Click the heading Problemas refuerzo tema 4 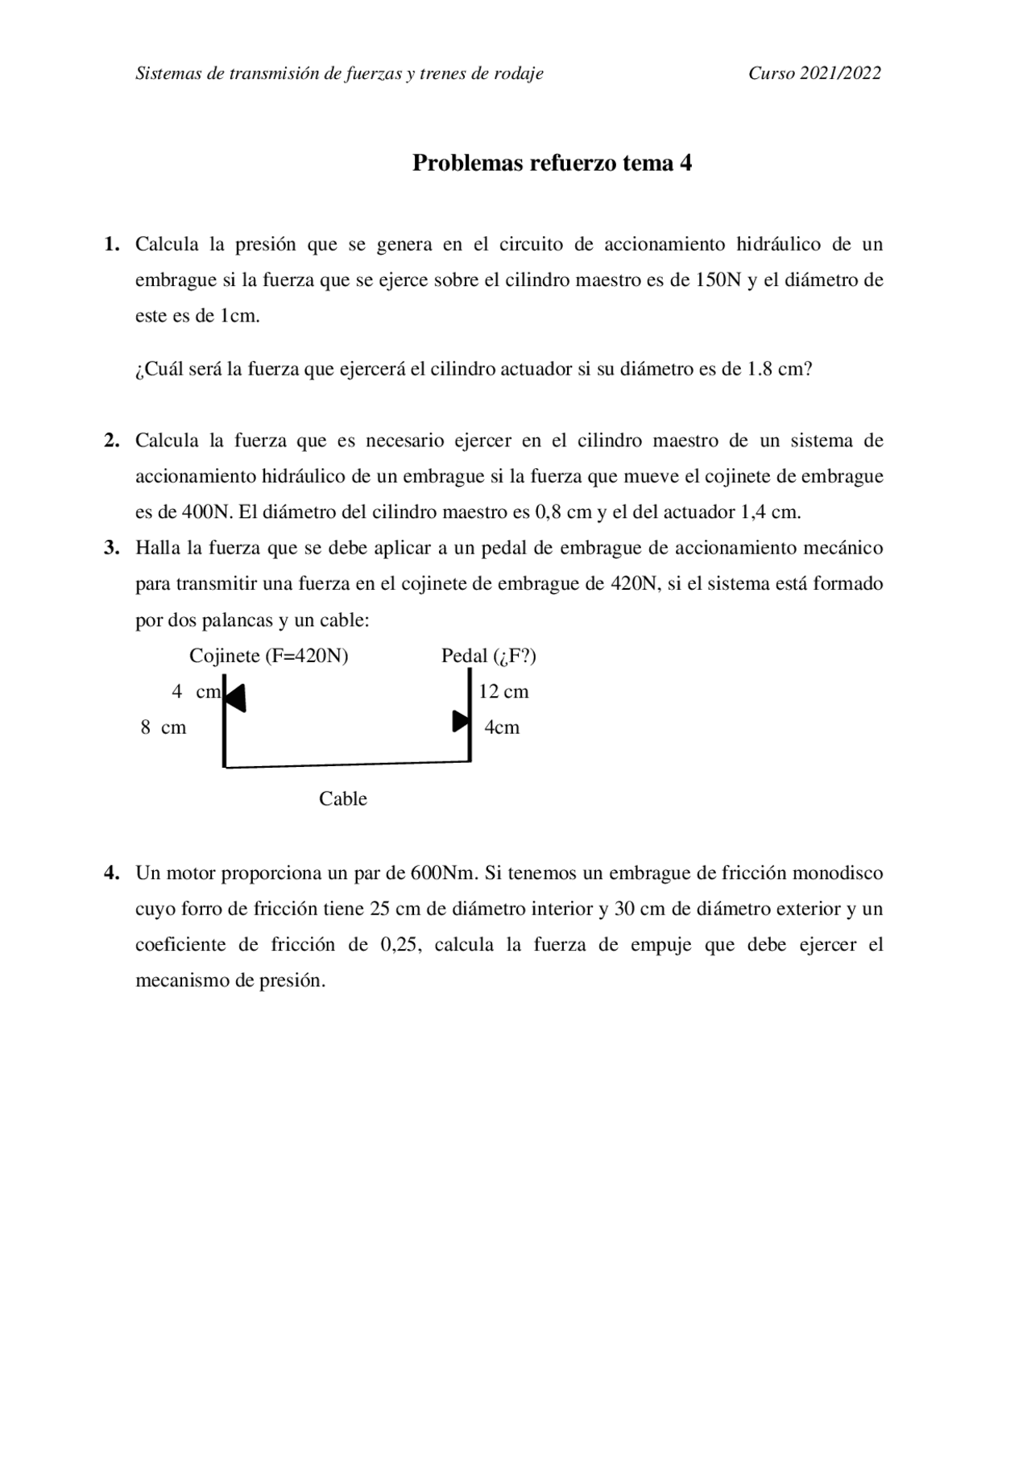552,164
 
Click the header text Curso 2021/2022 814,74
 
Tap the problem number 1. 111,244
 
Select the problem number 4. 111,873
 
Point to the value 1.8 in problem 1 760,370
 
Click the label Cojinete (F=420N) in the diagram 268,657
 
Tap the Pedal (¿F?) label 488,657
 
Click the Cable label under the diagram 342,799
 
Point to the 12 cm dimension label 503,692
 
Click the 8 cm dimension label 164,728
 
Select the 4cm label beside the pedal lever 502,728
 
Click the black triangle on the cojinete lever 235,698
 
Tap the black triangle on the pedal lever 460,721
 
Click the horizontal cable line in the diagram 346,764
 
